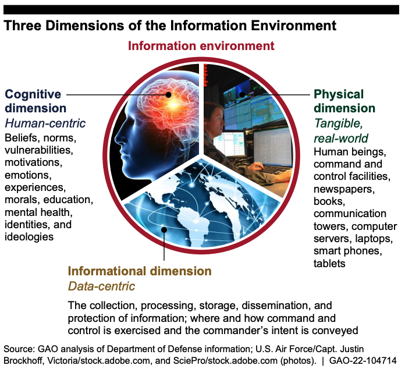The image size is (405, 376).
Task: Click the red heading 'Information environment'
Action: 201,46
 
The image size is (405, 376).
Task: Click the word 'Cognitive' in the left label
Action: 33,94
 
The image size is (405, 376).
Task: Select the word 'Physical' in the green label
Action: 339,94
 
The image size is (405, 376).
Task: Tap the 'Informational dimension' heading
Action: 140,271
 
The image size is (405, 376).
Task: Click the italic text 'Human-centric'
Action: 45,123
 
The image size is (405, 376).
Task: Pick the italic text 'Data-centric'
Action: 101,286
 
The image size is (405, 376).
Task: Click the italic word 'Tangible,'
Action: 339,123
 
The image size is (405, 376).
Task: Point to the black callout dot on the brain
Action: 168,94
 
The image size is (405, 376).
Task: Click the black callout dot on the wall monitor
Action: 242,94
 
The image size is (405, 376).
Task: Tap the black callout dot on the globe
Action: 164,230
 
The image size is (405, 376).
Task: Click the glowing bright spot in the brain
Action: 174,104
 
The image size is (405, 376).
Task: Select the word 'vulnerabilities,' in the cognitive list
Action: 39,150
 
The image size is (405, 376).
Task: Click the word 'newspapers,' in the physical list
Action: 344,189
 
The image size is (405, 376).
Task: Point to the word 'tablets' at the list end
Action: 329,264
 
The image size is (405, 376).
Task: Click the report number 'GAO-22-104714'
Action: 363,361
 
